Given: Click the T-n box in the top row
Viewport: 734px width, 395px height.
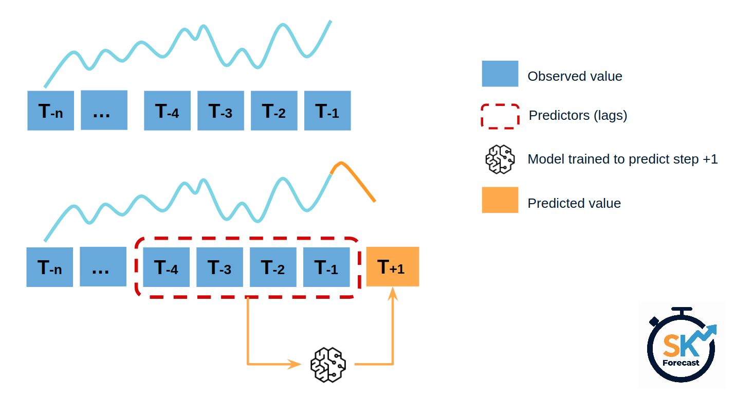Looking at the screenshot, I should click(x=50, y=111).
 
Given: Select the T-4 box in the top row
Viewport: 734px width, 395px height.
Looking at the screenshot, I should click(x=167, y=111).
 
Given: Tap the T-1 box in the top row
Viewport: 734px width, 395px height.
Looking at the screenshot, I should click(x=327, y=111).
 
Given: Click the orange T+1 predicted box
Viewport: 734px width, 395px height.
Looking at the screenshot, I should click(x=393, y=266).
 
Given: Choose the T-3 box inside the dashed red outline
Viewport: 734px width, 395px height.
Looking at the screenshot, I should click(x=219, y=267).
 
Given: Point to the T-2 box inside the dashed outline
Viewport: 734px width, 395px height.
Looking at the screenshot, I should click(x=273, y=267).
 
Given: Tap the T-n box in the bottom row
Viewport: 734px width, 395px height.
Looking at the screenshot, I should click(x=50, y=267).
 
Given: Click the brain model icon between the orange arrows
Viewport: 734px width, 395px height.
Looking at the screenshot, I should click(x=328, y=364).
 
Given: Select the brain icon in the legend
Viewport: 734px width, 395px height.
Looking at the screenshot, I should click(x=500, y=159).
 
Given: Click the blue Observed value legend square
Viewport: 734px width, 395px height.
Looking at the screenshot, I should click(x=500, y=74).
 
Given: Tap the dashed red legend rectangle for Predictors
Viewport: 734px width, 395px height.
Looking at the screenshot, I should click(x=500, y=116).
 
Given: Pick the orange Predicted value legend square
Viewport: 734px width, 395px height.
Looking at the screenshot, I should click(x=500, y=200).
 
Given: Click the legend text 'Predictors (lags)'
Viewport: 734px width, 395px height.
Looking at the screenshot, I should click(x=578, y=116).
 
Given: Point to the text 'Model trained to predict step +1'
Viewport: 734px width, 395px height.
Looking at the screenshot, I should click(x=622, y=159).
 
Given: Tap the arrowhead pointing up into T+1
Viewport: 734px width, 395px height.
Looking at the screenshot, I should click(x=393, y=294).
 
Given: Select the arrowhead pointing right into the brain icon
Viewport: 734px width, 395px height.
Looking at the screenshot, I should click(x=296, y=364).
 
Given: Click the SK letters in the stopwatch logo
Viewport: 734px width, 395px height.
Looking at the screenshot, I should click(x=681, y=346).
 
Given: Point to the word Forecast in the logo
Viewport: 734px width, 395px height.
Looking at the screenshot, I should click(x=681, y=363).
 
